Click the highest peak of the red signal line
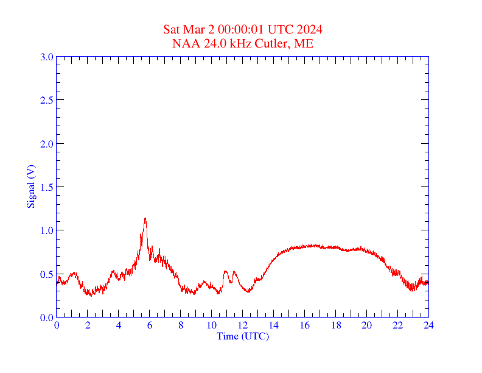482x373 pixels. [145, 218]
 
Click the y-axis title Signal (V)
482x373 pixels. [30, 187]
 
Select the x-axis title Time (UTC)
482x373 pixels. [243, 336]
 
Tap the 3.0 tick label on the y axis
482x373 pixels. [46, 57]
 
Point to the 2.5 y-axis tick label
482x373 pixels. [46, 100]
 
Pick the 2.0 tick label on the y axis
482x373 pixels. [46, 144]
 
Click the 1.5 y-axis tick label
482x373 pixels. [46, 187]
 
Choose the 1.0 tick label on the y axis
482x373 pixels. [46, 230]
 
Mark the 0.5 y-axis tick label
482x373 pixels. [46, 274]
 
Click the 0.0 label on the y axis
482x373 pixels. [46, 318]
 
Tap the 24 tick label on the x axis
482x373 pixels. [428, 325]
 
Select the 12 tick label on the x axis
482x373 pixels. [243, 325]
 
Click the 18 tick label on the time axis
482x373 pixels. [336, 325]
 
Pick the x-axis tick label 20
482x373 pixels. [366, 325]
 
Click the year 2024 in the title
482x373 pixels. [310, 30]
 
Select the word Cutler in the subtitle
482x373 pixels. [275, 43]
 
